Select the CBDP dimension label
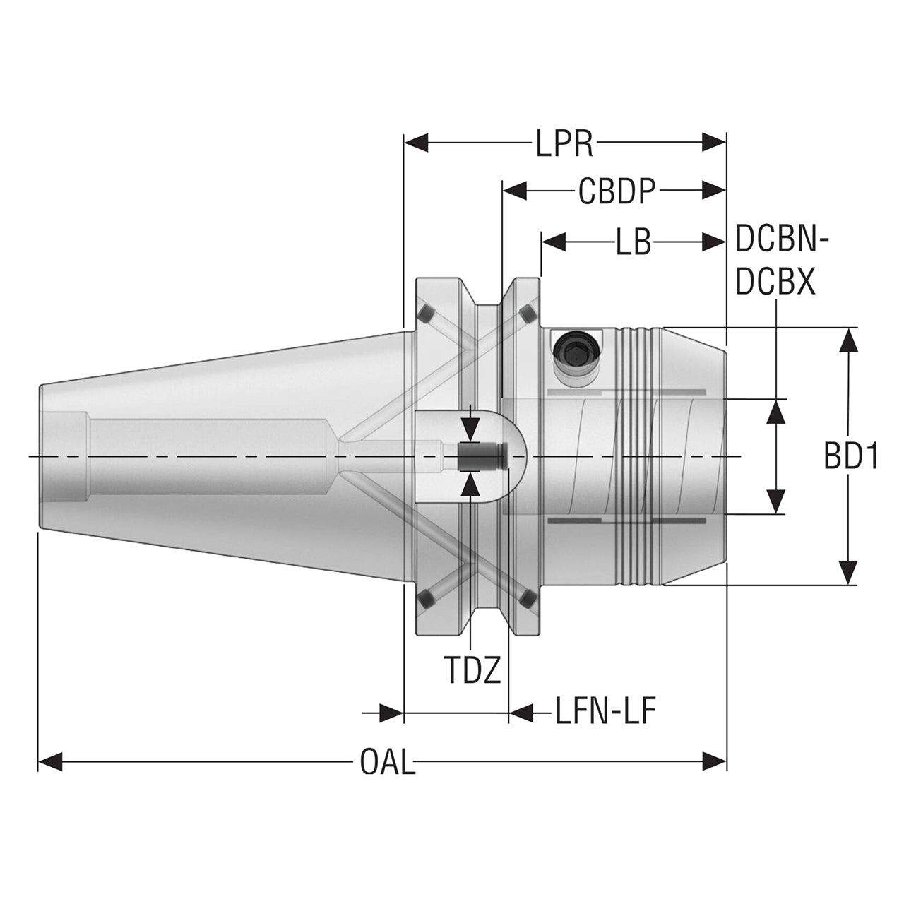617,191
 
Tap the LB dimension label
634,243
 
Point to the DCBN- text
782,239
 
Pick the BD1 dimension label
850,456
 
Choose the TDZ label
472,670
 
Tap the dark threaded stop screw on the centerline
483,456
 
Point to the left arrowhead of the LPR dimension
416,143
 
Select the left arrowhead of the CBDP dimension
515,191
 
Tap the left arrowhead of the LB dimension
554,243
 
